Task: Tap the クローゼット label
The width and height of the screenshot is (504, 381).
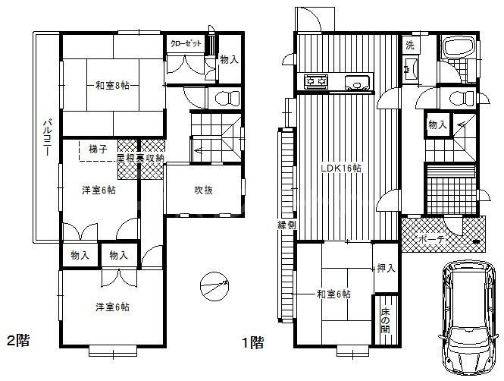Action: click(x=186, y=43)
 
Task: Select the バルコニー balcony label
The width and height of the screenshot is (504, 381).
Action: click(x=46, y=137)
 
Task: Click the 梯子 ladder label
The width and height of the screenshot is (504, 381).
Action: click(x=96, y=147)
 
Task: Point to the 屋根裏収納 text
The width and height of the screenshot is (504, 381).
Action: click(x=142, y=159)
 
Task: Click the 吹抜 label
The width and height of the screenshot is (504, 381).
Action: click(x=202, y=190)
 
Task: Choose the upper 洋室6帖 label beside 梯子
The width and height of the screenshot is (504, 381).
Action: click(x=99, y=190)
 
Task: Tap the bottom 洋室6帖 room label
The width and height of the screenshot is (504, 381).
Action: click(x=111, y=307)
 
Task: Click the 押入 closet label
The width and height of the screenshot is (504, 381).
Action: click(x=385, y=268)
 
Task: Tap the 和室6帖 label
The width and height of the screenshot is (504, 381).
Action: click(x=333, y=294)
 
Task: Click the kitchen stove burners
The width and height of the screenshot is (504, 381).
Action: click(x=315, y=80)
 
